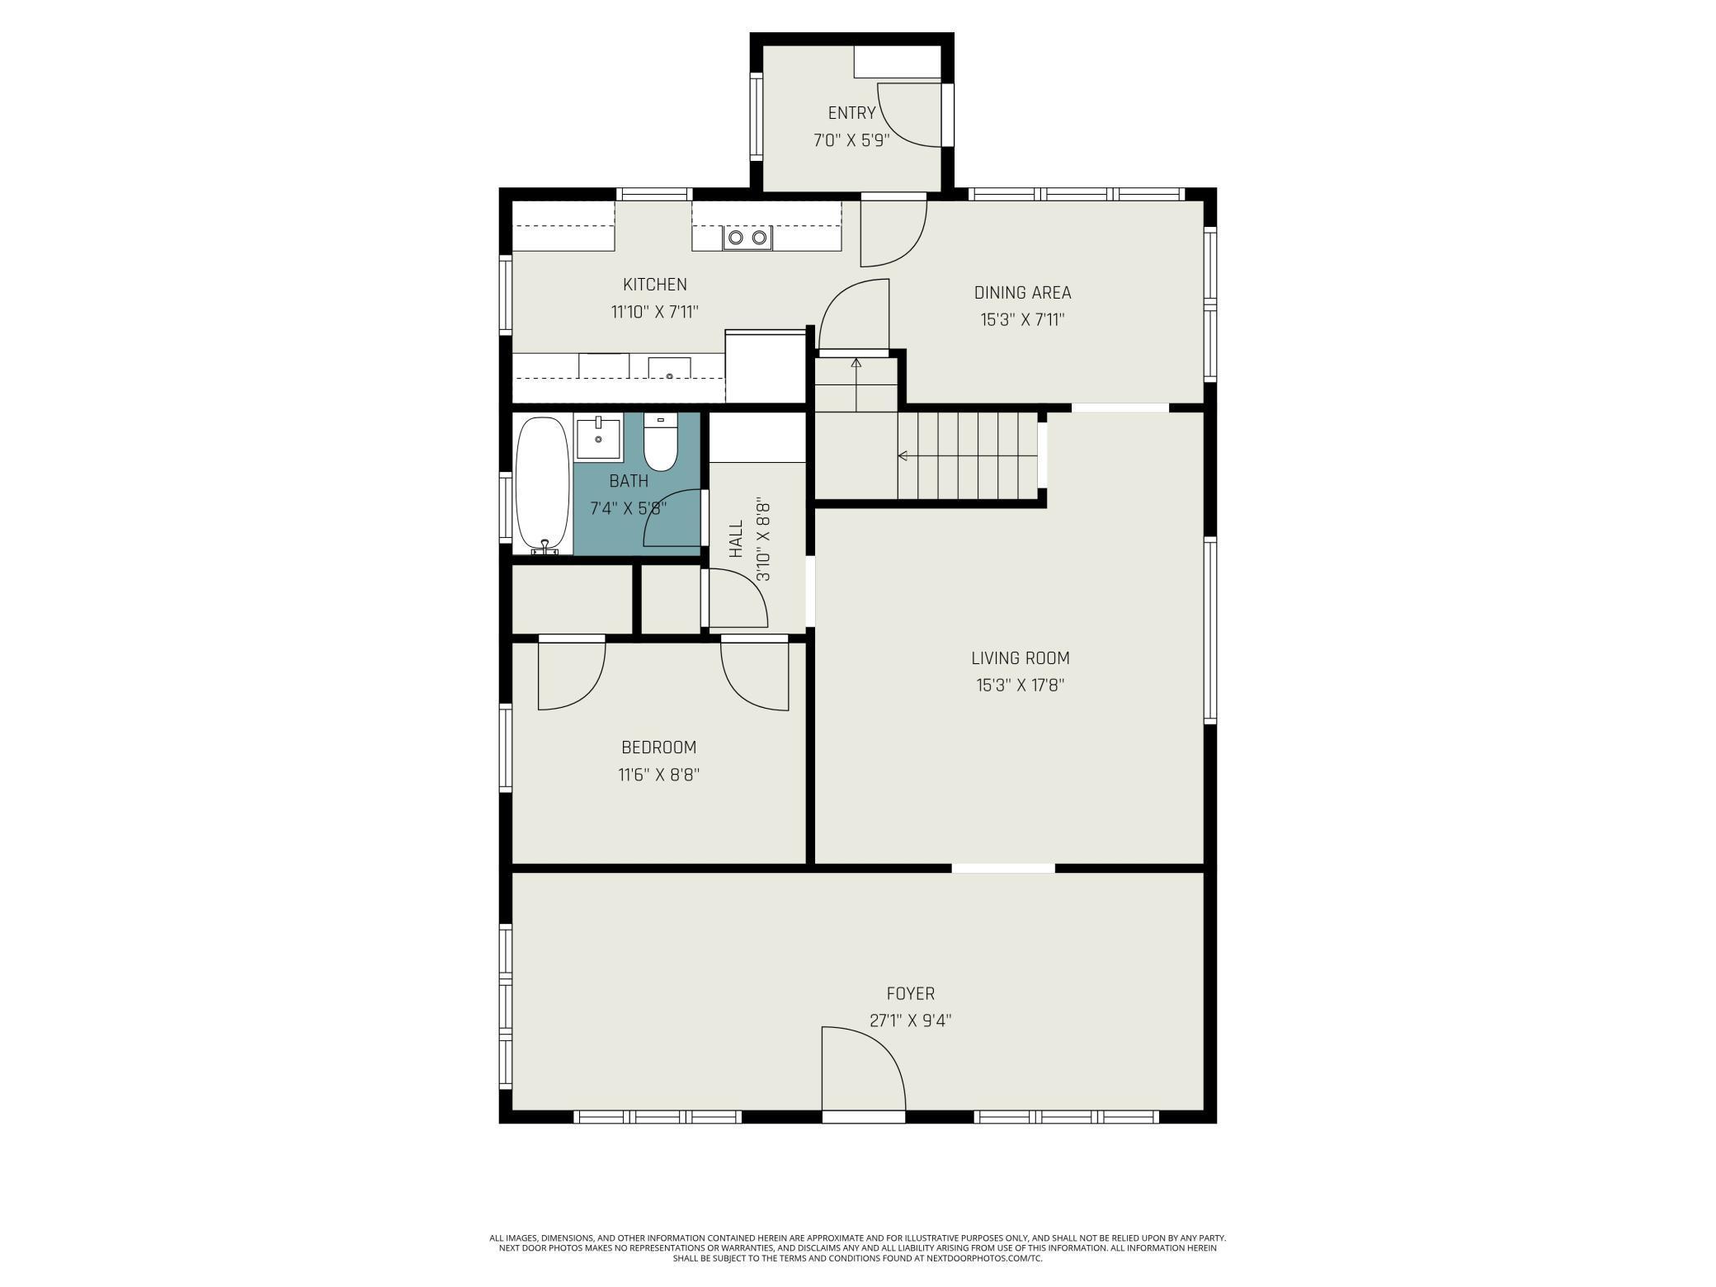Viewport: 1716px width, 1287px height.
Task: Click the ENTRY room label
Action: click(851, 113)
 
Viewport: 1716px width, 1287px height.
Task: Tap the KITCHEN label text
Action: click(654, 285)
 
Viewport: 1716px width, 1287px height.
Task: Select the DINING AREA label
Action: click(1022, 292)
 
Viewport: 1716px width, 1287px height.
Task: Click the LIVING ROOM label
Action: click(1021, 658)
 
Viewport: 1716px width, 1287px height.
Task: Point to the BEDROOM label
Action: click(658, 747)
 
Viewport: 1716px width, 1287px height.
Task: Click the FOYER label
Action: click(911, 993)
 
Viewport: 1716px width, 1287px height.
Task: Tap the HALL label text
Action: click(736, 538)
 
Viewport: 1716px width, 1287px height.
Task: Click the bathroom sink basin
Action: click(598, 438)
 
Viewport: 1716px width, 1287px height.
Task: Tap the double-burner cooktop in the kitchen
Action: click(747, 238)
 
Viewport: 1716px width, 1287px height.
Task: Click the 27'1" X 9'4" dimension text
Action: click(911, 1021)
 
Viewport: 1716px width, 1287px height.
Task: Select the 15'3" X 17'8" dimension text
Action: click(1021, 685)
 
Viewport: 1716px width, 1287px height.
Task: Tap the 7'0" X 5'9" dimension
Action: click(851, 140)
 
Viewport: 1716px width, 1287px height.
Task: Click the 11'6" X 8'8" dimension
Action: click(658, 775)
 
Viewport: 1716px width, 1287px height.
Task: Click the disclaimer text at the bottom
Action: click(858, 1248)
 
